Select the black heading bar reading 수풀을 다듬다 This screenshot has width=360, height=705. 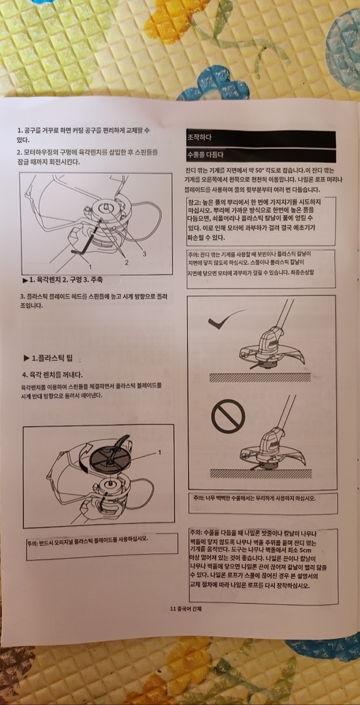coord(261,155)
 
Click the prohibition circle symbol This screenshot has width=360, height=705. coord(228,417)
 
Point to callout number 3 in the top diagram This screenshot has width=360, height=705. coord(144,254)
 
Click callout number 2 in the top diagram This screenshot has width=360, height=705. coord(127,262)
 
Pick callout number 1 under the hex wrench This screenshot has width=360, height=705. coord(90,267)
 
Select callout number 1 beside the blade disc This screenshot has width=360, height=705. coord(160,452)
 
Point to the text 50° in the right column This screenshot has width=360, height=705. coord(259,170)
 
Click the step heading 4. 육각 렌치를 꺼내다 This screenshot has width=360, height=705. coord(52,375)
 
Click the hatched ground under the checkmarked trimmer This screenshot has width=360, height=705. coord(260,377)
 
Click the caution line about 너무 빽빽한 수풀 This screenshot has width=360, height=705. coord(254,498)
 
